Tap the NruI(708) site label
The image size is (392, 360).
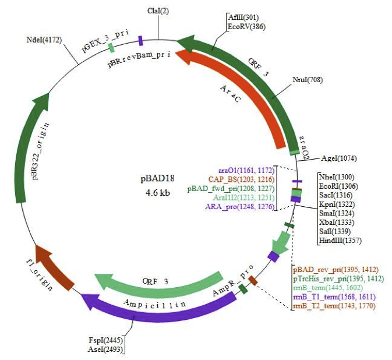[306, 79]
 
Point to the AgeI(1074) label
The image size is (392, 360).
[339, 158]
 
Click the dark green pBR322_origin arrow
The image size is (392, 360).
[36, 146]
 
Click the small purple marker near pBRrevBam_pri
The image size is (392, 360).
[140, 40]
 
